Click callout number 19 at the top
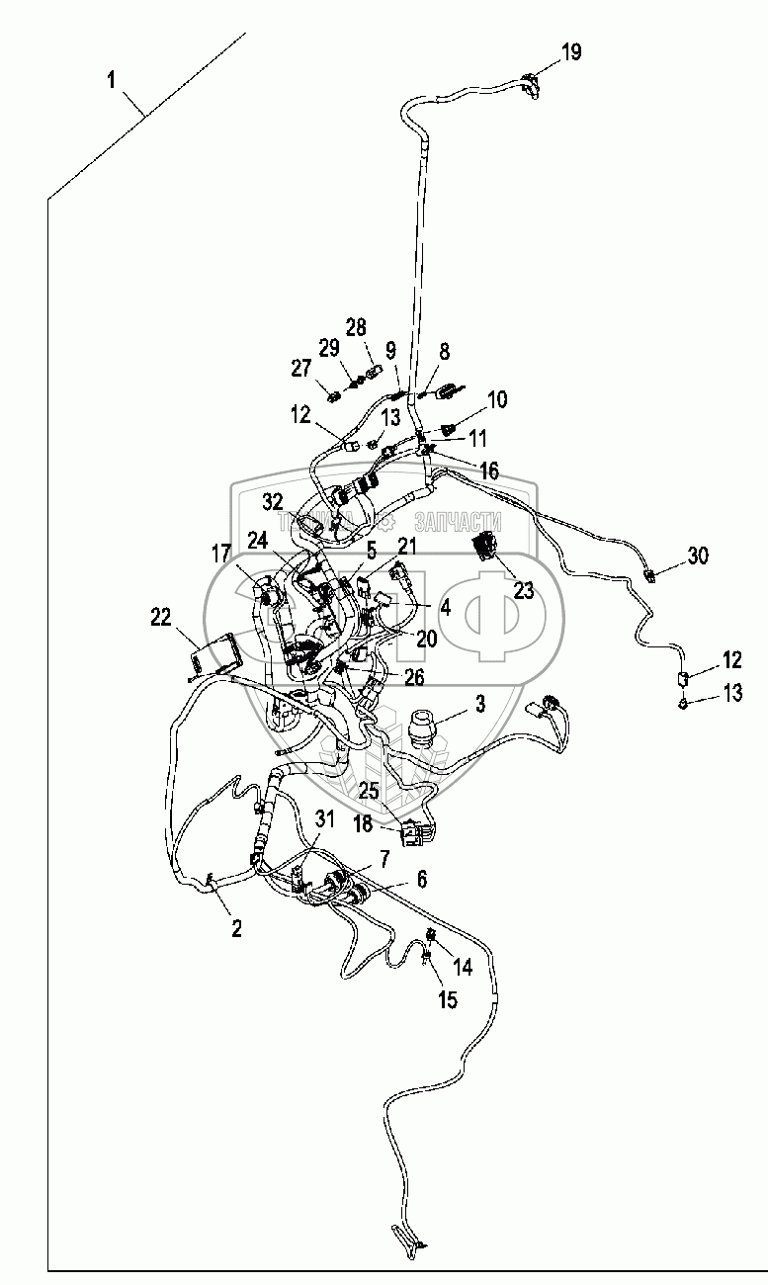(x=572, y=52)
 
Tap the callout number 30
(x=698, y=557)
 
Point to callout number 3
(x=480, y=704)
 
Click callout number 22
(x=160, y=617)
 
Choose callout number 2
(x=236, y=927)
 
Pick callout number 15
(x=448, y=999)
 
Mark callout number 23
(x=523, y=591)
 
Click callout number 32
(x=273, y=501)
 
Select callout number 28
(x=356, y=327)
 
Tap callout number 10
(x=497, y=399)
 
